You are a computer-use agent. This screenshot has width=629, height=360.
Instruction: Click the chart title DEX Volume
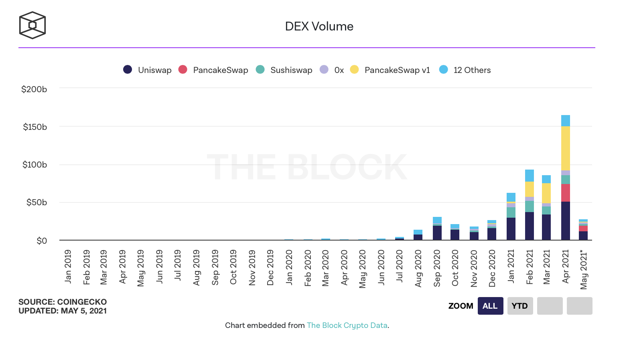click(x=319, y=26)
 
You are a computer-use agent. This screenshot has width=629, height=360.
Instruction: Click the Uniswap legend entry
click(x=148, y=70)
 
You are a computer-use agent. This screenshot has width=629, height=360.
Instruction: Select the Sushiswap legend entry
click(x=284, y=70)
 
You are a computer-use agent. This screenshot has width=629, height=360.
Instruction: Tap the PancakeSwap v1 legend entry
click(x=390, y=70)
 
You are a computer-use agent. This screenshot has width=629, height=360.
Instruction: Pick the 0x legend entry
click(x=332, y=70)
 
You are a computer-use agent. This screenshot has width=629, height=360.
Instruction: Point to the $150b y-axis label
click(x=35, y=127)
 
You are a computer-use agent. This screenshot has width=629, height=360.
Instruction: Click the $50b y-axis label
click(x=37, y=202)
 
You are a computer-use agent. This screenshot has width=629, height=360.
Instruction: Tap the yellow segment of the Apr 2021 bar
click(x=566, y=148)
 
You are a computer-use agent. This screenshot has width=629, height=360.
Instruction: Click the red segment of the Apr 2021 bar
click(x=566, y=193)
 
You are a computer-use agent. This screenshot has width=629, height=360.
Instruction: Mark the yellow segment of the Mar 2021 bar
click(x=546, y=193)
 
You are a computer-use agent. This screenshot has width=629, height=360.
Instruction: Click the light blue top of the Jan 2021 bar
click(x=511, y=197)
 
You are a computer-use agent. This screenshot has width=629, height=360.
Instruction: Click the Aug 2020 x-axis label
click(x=418, y=268)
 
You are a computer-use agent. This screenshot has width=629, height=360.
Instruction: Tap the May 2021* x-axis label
click(x=584, y=270)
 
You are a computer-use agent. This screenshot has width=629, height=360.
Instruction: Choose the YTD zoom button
click(x=520, y=306)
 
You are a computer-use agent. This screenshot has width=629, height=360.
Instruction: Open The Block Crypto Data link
click(x=347, y=325)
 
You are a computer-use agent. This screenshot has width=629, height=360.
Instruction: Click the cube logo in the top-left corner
click(x=32, y=25)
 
